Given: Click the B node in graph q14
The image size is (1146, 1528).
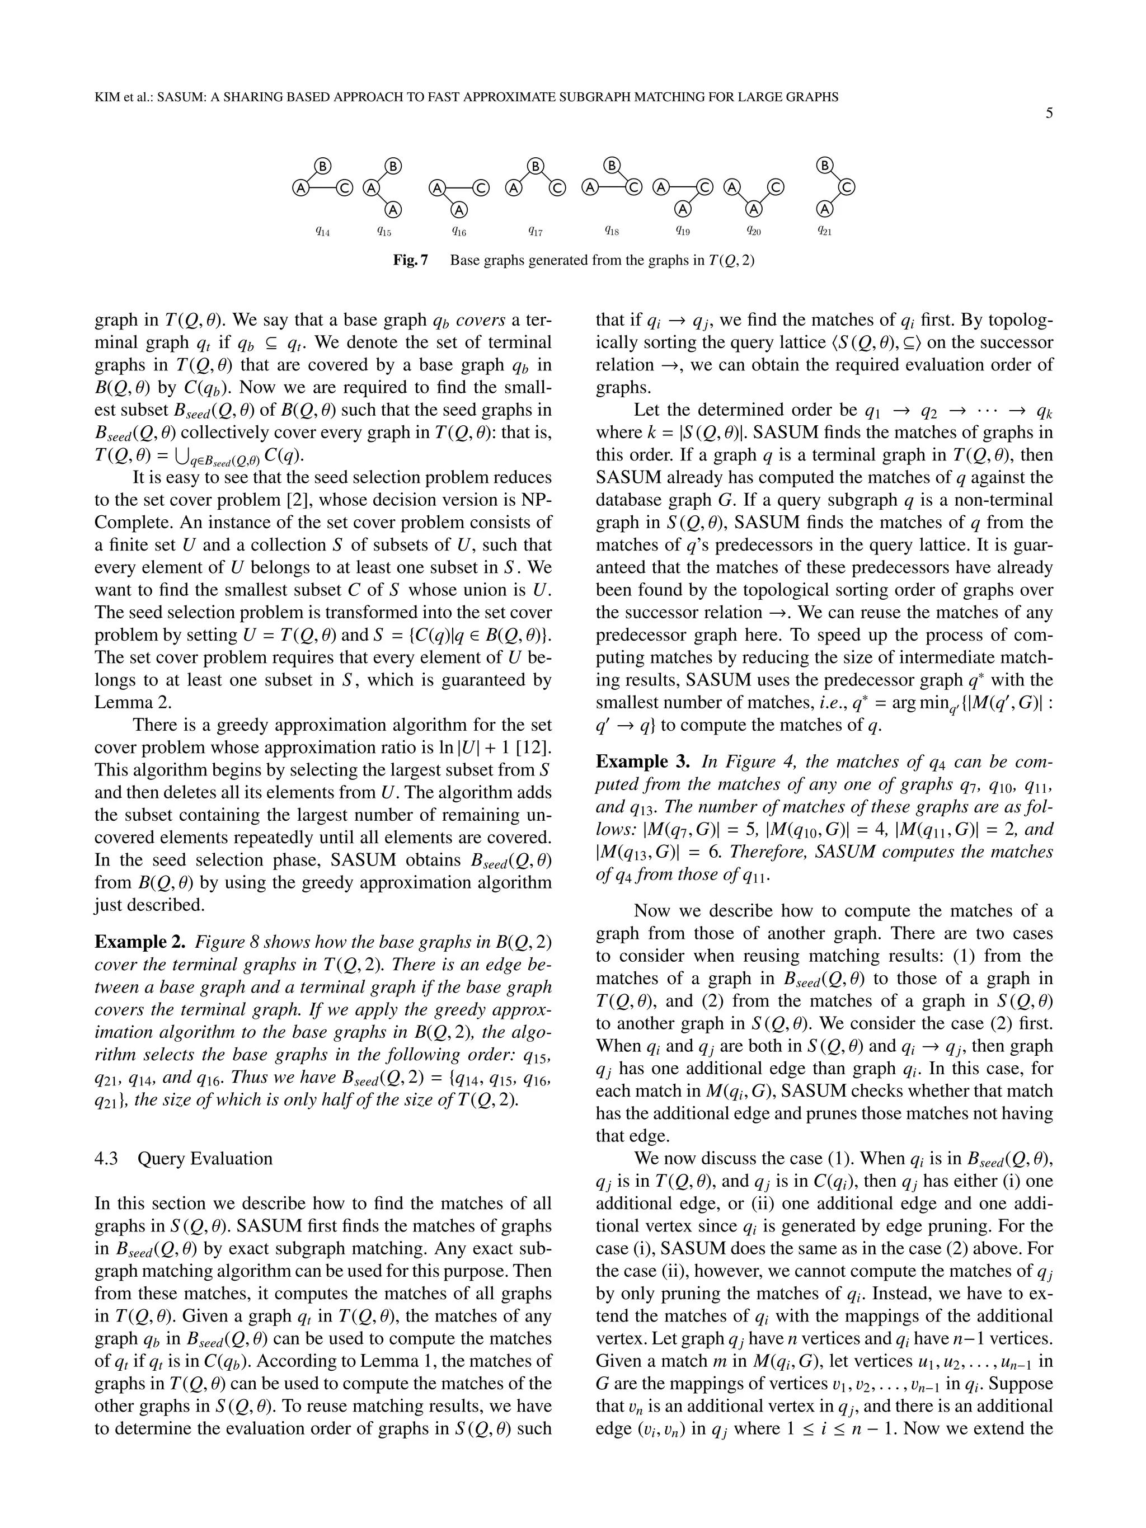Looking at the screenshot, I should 323,166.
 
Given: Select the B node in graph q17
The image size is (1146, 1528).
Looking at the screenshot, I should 536,166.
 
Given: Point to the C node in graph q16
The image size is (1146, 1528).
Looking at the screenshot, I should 481,187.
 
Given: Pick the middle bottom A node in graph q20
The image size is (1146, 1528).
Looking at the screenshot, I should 754,208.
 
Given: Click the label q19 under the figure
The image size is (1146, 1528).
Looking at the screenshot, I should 683,232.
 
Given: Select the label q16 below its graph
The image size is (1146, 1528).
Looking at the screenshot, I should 459,232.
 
